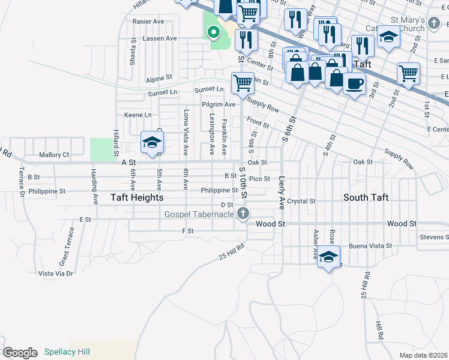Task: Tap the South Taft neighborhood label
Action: [x=366, y=197]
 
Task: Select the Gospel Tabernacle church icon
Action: [x=243, y=214]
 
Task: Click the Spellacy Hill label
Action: [x=67, y=352]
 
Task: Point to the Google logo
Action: [x=20, y=353]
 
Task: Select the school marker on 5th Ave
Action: [x=152, y=143]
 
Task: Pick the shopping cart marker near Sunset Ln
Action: [x=243, y=83]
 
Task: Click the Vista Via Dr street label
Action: [x=55, y=273]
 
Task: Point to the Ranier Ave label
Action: [x=148, y=21]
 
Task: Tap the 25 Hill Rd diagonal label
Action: [x=232, y=251]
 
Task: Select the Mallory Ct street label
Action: [x=54, y=155]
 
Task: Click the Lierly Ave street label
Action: [x=281, y=192]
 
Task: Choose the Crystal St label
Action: [x=301, y=201]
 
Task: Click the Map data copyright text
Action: [x=423, y=355]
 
